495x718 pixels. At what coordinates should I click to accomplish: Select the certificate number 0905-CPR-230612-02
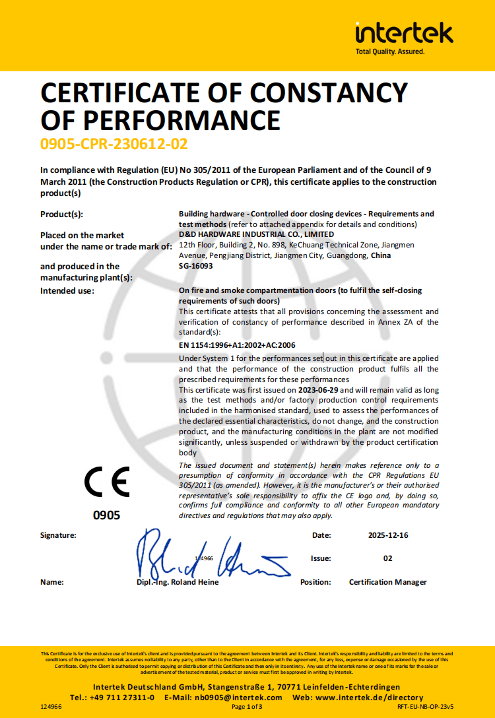(114, 143)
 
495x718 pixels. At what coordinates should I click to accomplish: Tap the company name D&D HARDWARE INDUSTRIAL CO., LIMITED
(256, 234)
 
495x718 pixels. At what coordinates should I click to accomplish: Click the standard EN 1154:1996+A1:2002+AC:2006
(237, 345)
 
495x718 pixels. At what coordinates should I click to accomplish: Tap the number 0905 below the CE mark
(107, 515)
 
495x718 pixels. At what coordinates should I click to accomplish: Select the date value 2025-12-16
(388, 535)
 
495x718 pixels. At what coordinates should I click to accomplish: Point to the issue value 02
(388, 558)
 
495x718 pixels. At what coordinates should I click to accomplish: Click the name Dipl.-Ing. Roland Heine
(174, 582)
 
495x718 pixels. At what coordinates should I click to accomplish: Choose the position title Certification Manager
(388, 582)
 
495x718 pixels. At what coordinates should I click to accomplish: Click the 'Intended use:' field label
(67, 290)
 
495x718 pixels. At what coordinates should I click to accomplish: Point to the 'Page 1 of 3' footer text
(247, 707)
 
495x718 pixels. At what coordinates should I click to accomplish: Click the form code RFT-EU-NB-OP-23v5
(426, 707)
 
